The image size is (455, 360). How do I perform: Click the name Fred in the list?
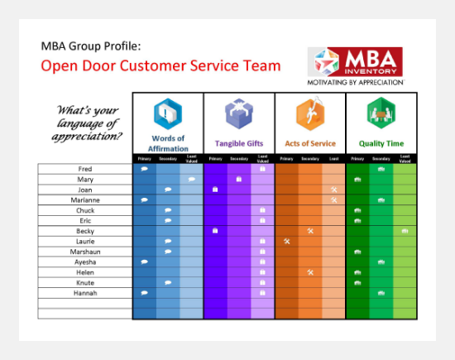tap(84, 169)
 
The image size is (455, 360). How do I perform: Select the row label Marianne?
tap(84, 199)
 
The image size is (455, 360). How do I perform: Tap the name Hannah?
tap(84, 293)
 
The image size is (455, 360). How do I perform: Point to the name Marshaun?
tap(84, 252)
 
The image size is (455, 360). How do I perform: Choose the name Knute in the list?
tap(84, 282)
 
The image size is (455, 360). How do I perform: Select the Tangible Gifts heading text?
tap(239, 143)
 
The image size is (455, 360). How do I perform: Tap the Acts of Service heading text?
tap(310, 143)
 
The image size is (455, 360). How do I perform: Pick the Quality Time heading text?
tap(381, 143)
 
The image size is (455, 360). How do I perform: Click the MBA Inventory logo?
tap(356, 65)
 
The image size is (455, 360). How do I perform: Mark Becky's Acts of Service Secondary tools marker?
tap(310, 231)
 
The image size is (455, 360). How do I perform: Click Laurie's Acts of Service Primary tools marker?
tap(286, 241)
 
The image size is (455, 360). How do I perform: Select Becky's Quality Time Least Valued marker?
tap(405, 231)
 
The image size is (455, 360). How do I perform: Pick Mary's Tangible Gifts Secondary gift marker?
tap(239, 179)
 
